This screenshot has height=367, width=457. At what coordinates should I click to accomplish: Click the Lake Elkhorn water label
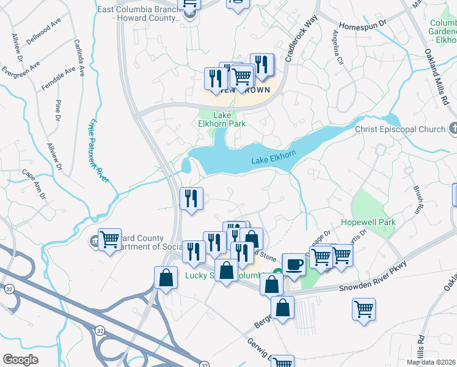274,161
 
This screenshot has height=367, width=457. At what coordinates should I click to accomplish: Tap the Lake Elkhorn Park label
229,119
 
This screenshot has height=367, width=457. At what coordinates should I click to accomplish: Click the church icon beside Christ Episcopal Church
453,128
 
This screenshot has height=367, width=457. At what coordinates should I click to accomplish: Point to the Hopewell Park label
368,222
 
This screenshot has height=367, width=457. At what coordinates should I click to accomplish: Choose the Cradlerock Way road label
308,37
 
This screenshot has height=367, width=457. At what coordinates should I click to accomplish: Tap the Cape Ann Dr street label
35,185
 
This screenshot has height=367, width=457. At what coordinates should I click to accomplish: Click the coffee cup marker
293,264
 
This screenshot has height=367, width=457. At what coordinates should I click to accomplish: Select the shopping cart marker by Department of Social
109,239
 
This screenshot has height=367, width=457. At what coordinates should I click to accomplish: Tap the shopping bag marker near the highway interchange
166,278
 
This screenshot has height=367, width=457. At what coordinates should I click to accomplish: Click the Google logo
20,360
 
